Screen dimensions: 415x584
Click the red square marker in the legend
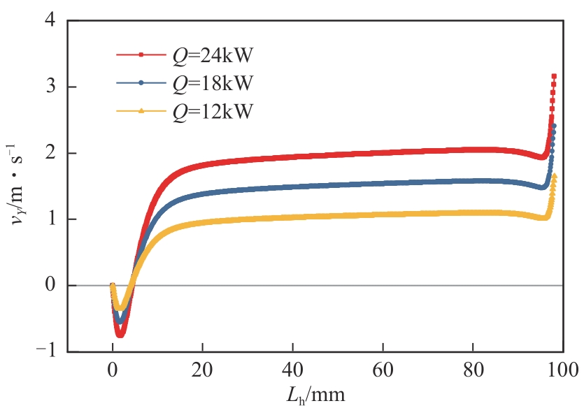point(141,54)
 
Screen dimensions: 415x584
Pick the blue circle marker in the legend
point(141,82)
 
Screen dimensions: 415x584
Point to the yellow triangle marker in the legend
point(141,111)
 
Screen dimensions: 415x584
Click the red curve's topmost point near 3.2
point(554,76)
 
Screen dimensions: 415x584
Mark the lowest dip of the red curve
point(120,335)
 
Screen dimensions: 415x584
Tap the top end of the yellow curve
point(554,177)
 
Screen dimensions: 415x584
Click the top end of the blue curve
point(554,126)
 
